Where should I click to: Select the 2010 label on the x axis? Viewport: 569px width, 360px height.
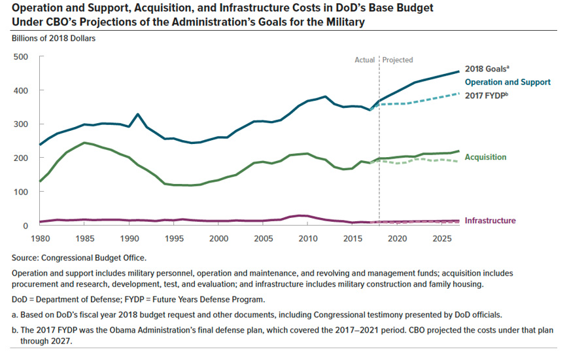(x=307, y=240)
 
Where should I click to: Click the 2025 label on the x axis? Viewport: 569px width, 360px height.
(x=441, y=240)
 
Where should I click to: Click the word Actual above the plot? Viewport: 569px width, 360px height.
(x=364, y=60)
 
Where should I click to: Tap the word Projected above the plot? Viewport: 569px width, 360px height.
(x=398, y=60)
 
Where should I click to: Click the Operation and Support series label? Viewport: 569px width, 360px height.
(x=508, y=82)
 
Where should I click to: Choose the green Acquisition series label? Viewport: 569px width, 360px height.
(x=485, y=158)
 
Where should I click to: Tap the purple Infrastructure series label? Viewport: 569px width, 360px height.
(x=490, y=221)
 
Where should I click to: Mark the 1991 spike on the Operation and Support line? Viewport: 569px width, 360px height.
(x=138, y=115)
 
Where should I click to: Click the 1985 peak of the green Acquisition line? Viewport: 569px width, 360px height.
(x=84, y=143)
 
